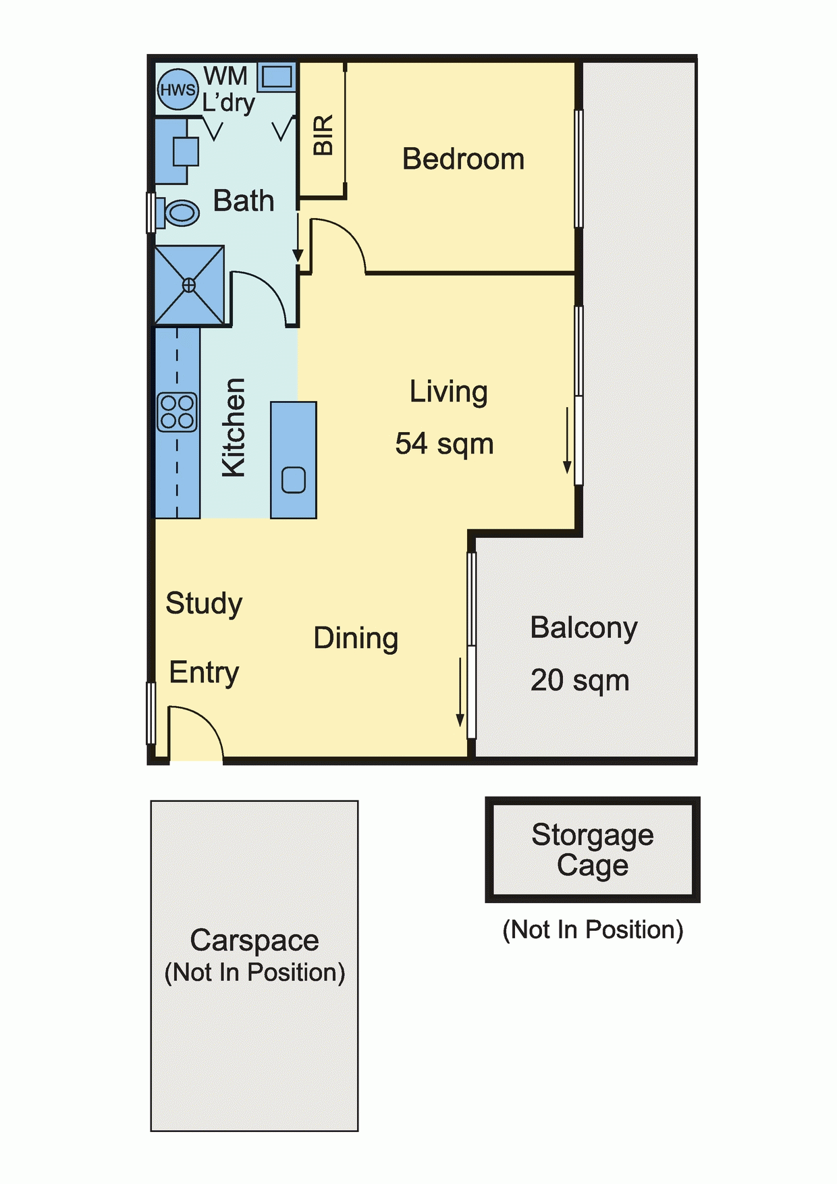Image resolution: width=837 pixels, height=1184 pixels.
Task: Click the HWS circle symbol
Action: pyautogui.click(x=178, y=89)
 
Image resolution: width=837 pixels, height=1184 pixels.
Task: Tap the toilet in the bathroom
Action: pyautogui.click(x=178, y=213)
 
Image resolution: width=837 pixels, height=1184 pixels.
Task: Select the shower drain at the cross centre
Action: pyautogui.click(x=189, y=286)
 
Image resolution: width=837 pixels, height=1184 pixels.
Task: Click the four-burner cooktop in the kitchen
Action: pyautogui.click(x=178, y=412)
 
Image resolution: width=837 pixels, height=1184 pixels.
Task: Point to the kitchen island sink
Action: pyautogui.click(x=294, y=480)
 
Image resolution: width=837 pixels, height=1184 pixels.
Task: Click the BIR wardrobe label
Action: pyautogui.click(x=323, y=135)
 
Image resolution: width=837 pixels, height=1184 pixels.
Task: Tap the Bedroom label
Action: pyautogui.click(x=463, y=159)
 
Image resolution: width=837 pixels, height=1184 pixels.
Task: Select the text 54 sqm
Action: pyautogui.click(x=444, y=445)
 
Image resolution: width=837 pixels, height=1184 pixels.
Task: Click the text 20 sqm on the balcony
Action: pyautogui.click(x=580, y=681)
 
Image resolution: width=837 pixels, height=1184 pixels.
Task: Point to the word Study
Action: pyautogui.click(x=204, y=603)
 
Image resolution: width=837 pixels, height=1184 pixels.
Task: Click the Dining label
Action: pyautogui.click(x=356, y=639)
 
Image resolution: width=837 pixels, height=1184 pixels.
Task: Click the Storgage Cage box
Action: pyautogui.click(x=593, y=850)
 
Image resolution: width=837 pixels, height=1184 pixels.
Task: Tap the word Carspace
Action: pyautogui.click(x=254, y=940)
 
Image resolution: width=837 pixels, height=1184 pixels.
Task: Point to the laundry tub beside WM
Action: pyautogui.click(x=277, y=77)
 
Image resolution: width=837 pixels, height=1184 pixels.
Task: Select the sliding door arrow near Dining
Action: pyautogui.click(x=460, y=693)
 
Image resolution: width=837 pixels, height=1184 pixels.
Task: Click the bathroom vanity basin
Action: pyautogui.click(x=186, y=152)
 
